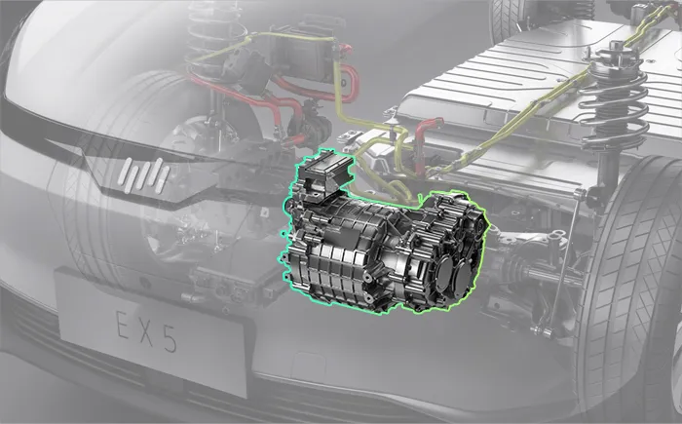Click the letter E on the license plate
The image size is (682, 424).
coord(123,325)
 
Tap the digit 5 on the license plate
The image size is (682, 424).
coord(169,338)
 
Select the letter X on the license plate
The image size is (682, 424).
coord(146,331)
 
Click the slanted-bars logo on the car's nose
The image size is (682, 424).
coord(144,175)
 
